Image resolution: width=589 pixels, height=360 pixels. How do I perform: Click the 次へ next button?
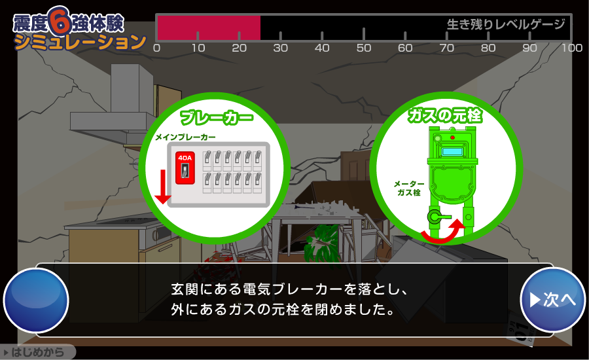pyautogui.click(x=552, y=300)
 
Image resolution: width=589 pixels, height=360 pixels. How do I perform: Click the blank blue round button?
pyautogui.click(x=36, y=300)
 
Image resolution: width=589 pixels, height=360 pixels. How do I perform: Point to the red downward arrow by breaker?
pyautogui.click(x=163, y=187)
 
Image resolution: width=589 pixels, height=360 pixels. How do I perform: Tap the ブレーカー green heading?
pyautogui.click(x=217, y=118)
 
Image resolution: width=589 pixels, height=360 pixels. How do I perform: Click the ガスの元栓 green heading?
pyautogui.click(x=445, y=115)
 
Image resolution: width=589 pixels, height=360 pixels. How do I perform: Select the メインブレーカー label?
pyautogui.click(x=185, y=137)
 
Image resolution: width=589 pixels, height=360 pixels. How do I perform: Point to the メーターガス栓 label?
pyautogui.click(x=409, y=189)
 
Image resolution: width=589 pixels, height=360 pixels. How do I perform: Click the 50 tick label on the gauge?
pyautogui.click(x=364, y=48)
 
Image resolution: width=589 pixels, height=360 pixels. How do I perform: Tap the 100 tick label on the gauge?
pyautogui.click(x=572, y=48)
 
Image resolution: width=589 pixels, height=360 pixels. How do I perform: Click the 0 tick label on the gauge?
pyautogui.click(x=157, y=48)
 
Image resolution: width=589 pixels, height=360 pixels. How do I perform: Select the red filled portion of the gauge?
pyautogui.click(x=209, y=27)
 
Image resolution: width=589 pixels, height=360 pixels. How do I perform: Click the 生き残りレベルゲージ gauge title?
pyautogui.click(x=506, y=24)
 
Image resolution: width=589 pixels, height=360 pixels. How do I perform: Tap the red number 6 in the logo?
pyautogui.click(x=60, y=21)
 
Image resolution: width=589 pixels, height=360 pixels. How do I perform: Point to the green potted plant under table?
pyautogui.click(x=322, y=243)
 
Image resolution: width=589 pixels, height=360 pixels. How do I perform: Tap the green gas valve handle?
pyautogui.click(x=438, y=217)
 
